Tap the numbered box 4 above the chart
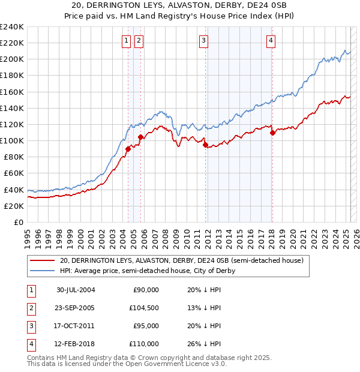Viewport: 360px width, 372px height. (271, 41)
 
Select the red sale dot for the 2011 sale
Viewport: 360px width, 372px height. (205, 145)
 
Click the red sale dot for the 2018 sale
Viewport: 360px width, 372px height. (272, 133)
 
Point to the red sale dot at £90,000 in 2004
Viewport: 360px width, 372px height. (128, 149)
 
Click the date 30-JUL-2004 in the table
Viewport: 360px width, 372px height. (76, 290)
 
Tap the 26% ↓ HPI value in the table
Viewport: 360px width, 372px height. (204, 344)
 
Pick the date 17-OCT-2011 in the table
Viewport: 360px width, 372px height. (76, 326)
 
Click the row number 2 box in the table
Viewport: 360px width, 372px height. (30, 308)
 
